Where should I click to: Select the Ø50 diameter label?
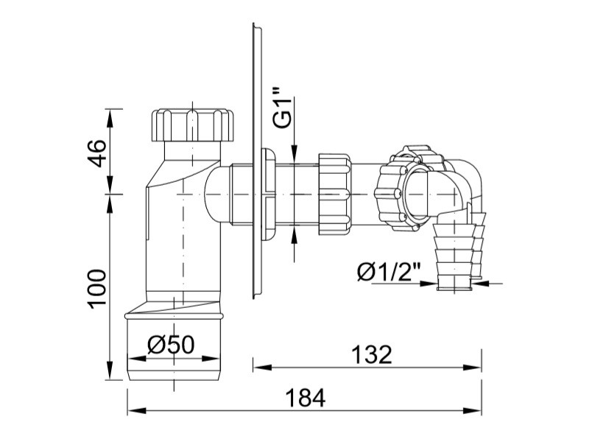(172, 344)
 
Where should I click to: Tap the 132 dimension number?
(372, 354)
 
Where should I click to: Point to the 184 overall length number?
(305, 398)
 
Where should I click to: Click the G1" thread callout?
(283, 108)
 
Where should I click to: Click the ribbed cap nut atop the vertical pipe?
(192, 125)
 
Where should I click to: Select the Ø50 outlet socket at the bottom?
(174, 345)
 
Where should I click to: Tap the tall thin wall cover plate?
(257, 161)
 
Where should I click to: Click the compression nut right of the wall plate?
(335, 194)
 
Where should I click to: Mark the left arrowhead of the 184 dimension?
(137, 410)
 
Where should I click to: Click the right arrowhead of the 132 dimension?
(472, 367)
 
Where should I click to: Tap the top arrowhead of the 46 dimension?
(110, 118)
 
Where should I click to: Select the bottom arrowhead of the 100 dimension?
(110, 371)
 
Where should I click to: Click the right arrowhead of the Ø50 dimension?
(211, 358)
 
